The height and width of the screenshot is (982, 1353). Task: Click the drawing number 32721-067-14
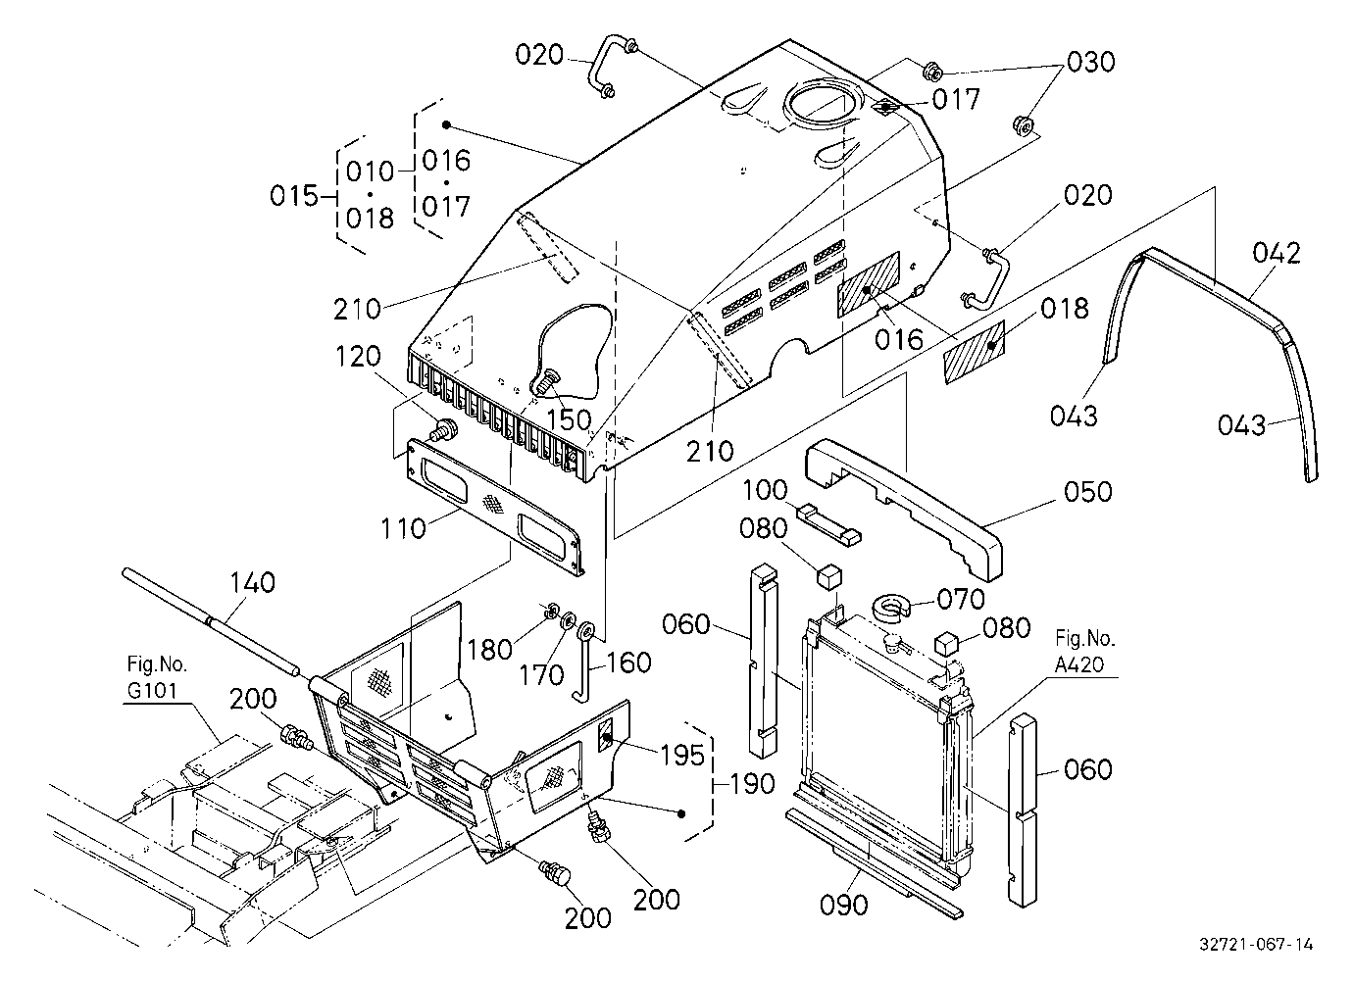(x=1256, y=944)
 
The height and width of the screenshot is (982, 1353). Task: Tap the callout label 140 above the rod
(x=253, y=583)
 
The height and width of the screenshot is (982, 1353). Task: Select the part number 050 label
(x=1088, y=492)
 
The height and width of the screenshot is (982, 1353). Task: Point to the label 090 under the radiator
(x=844, y=905)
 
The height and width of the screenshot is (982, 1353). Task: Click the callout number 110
(x=404, y=528)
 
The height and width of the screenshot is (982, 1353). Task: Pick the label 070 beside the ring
(x=961, y=599)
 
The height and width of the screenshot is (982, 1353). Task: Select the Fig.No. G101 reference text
(x=157, y=677)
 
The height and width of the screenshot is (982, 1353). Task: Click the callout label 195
(x=682, y=755)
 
